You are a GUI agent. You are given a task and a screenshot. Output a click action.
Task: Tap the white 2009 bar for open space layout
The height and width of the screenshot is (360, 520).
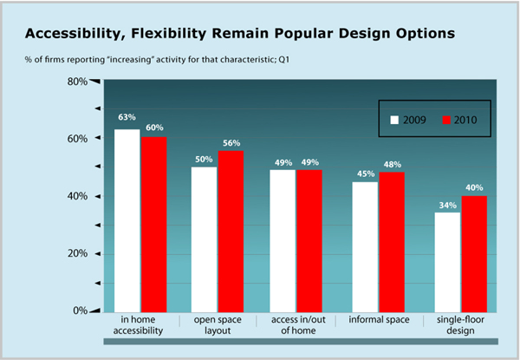tap(205, 239)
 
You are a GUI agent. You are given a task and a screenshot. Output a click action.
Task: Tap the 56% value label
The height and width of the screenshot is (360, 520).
tap(231, 143)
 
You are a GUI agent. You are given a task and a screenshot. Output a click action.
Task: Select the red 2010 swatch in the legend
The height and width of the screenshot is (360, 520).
tap(447, 119)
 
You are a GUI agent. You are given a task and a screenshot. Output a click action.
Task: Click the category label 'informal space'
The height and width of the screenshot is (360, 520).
tap(379, 321)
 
